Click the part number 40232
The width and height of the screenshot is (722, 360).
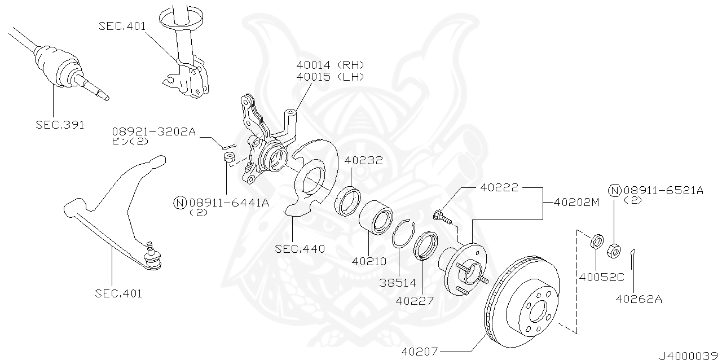[x=364, y=161]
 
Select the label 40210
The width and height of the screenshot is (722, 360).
[x=369, y=262]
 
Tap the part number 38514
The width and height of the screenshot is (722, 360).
[x=398, y=283]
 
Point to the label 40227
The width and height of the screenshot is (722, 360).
[x=415, y=301]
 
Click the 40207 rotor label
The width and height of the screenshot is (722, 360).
[x=420, y=351]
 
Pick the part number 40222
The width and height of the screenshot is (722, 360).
[x=499, y=187]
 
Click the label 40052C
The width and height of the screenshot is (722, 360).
[x=602, y=277]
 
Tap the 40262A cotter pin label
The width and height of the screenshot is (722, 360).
[x=638, y=299]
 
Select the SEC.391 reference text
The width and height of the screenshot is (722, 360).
[x=60, y=125]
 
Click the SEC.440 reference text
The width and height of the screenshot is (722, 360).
[x=300, y=248]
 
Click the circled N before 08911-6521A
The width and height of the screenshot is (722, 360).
[x=614, y=190]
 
